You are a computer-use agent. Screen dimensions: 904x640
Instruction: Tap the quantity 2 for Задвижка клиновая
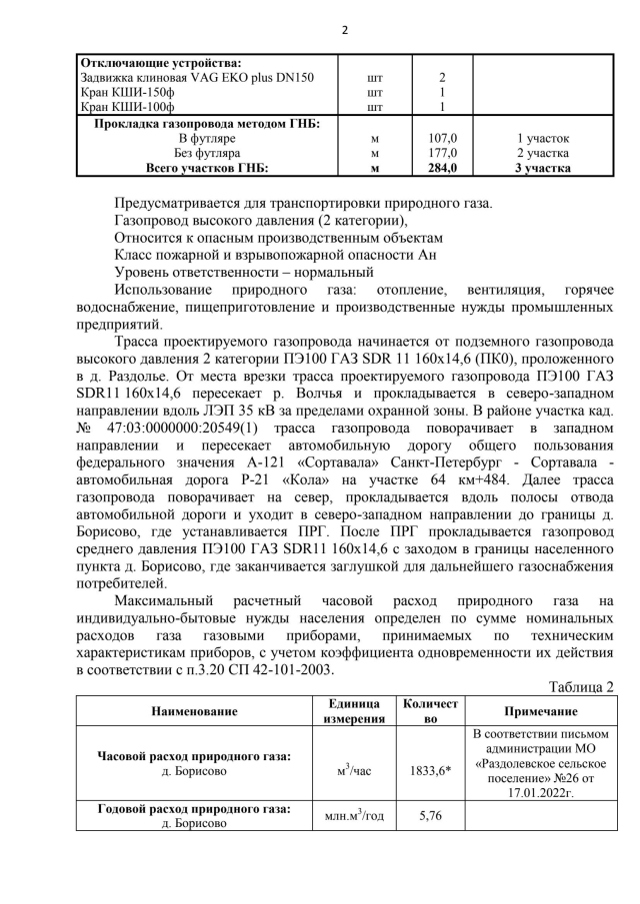(442, 77)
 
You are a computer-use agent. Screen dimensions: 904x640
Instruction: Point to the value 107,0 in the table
(442, 138)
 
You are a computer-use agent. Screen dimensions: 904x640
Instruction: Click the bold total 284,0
(442, 169)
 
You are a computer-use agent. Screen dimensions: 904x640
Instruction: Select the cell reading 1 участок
(543, 138)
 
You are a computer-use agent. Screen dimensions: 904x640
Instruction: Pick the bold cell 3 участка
(543, 169)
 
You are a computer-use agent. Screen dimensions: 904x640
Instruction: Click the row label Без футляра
(208, 154)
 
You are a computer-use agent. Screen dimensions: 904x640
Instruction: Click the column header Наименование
(195, 711)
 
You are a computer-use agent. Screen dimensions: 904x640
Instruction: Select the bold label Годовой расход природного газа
(195, 809)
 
